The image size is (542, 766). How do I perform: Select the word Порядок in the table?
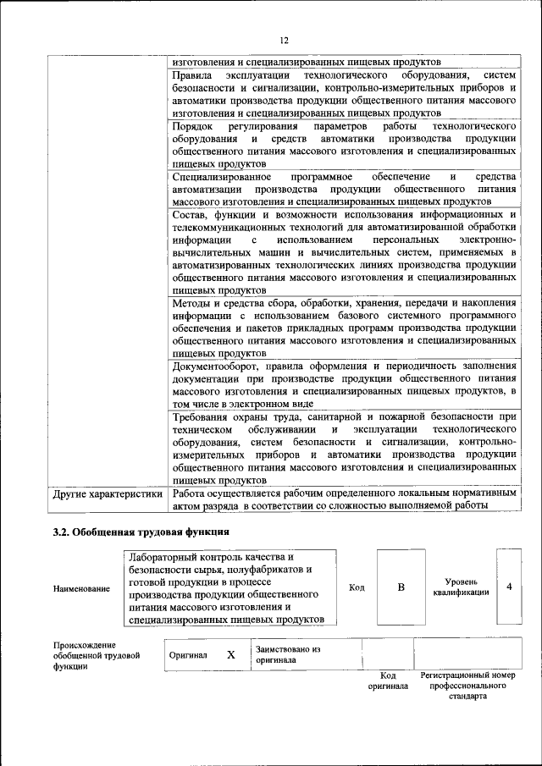click(x=192, y=126)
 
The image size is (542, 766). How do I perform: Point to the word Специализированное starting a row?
click(x=221, y=176)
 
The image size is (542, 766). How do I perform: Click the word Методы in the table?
click(x=191, y=302)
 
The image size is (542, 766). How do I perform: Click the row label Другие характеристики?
click(x=107, y=493)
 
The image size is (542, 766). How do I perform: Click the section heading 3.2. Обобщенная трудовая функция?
click(x=140, y=532)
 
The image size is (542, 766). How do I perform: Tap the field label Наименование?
click(x=80, y=588)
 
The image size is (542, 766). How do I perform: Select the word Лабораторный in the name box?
click(x=169, y=558)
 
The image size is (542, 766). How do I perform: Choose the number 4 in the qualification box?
click(x=509, y=587)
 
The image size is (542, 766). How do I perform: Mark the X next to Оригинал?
click(x=230, y=654)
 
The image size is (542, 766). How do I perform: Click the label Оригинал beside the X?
click(x=187, y=655)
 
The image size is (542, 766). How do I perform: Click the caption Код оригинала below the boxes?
click(x=388, y=681)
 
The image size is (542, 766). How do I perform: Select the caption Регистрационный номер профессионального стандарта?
click(x=467, y=686)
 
